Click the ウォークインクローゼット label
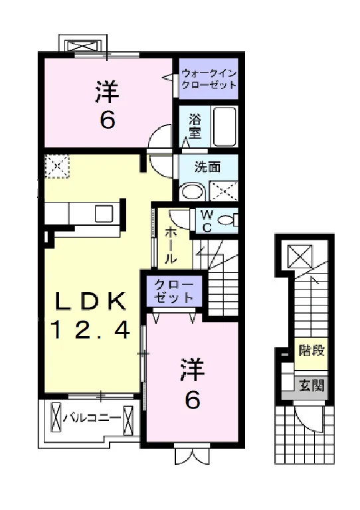(209, 79)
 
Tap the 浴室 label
(195, 127)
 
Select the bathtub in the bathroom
(225, 126)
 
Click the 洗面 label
(207, 167)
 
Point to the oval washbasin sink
(193, 191)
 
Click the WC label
(207, 221)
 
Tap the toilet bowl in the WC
(227, 220)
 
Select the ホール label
(171, 246)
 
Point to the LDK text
(90, 301)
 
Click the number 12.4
(90, 329)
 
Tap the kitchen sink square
(104, 214)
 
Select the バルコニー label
(92, 418)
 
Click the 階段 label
(312, 351)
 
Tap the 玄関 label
(312, 386)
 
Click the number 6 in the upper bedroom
(108, 120)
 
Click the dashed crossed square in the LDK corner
(57, 166)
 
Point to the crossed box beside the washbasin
(223, 191)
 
